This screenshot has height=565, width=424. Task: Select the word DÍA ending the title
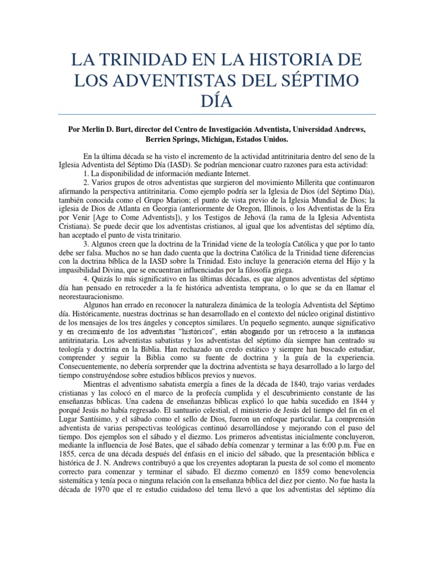click(x=212, y=100)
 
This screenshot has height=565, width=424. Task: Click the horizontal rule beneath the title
click(x=212, y=114)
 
